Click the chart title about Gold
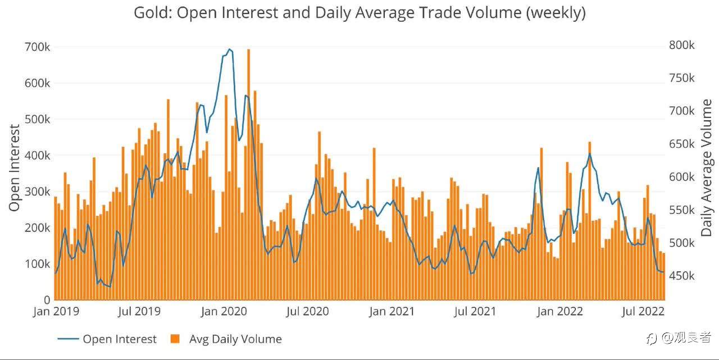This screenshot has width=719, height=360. tap(360, 13)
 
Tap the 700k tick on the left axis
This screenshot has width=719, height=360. tap(37, 47)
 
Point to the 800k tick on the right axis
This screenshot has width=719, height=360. tap(682, 45)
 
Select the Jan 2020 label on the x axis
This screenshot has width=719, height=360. tap(224, 311)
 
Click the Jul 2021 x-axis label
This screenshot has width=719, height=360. tap(475, 311)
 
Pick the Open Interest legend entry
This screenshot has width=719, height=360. tap(107, 339)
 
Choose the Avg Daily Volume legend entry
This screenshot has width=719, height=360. tap(226, 339)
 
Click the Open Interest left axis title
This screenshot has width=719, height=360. tap(15, 167)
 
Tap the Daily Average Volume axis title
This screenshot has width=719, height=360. tap(706, 167)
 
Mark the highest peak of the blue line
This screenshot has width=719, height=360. tap(229, 49)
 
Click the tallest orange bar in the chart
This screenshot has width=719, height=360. tap(248, 175)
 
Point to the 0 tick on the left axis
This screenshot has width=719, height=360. tap(47, 300)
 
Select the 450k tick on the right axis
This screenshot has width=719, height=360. tap(682, 276)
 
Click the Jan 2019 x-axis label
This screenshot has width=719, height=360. tap(56, 311)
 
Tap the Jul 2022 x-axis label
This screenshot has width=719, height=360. tap(643, 311)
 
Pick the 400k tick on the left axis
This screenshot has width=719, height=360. tap(37, 156)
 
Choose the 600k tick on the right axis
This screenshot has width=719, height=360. tap(682, 177)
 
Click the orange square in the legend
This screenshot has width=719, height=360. tap(175, 339)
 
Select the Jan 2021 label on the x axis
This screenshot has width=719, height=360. tap(392, 311)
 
